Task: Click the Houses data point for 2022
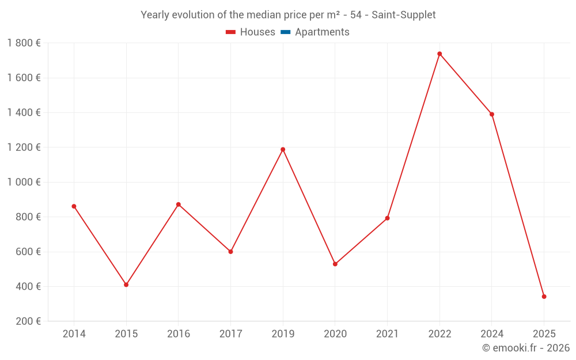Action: [439, 54]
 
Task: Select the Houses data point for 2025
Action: [544, 297]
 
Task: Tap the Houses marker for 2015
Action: [126, 285]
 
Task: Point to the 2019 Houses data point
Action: [283, 150]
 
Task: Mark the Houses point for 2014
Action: [74, 206]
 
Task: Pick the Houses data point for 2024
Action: [492, 114]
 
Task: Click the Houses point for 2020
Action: [335, 264]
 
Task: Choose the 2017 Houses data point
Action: [230, 252]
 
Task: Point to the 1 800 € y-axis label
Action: [24, 43]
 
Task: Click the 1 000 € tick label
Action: [24, 182]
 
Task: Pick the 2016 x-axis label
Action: [179, 334]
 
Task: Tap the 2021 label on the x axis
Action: [387, 334]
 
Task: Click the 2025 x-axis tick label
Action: [544, 334]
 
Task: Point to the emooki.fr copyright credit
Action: [526, 348]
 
